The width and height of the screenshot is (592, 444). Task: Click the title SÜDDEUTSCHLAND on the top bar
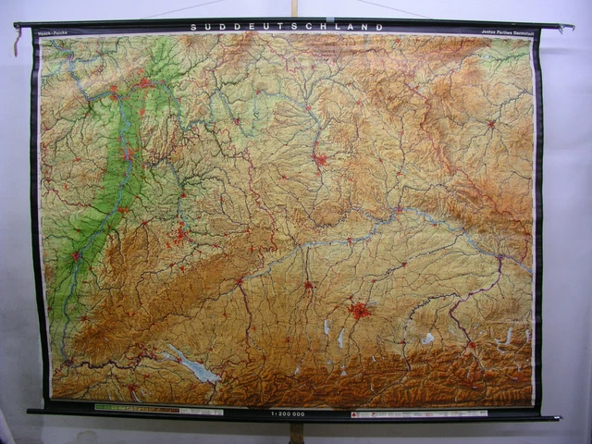tap(287, 27)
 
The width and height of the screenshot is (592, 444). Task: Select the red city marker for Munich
tap(360, 311)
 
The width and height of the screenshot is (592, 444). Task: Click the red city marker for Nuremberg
tap(320, 160)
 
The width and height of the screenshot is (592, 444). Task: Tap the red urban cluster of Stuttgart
tap(179, 233)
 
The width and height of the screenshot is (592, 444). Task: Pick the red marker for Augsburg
tap(309, 286)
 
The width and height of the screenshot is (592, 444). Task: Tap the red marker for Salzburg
tap(470, 344)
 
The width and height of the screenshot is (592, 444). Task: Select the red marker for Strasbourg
tap(77, 255)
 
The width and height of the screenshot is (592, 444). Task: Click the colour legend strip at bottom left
tap(157, 409)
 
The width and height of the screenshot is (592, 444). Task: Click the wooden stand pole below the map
tap(296, 432)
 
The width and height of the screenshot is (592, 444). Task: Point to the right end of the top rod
tap(566, 27)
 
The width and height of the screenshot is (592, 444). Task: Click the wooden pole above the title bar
tap(294, 8)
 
